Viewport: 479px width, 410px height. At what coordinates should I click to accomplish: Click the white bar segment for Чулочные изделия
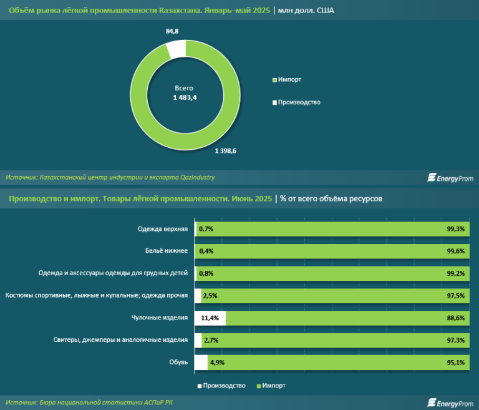coord(210,318)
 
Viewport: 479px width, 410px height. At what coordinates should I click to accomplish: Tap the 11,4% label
coord(210,318)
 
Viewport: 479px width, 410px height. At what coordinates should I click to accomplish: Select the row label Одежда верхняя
coord(163,229)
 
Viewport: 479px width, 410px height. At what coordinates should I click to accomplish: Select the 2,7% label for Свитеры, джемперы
coord(212,340)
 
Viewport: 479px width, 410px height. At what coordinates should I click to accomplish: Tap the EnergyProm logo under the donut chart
coord(450,178)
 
